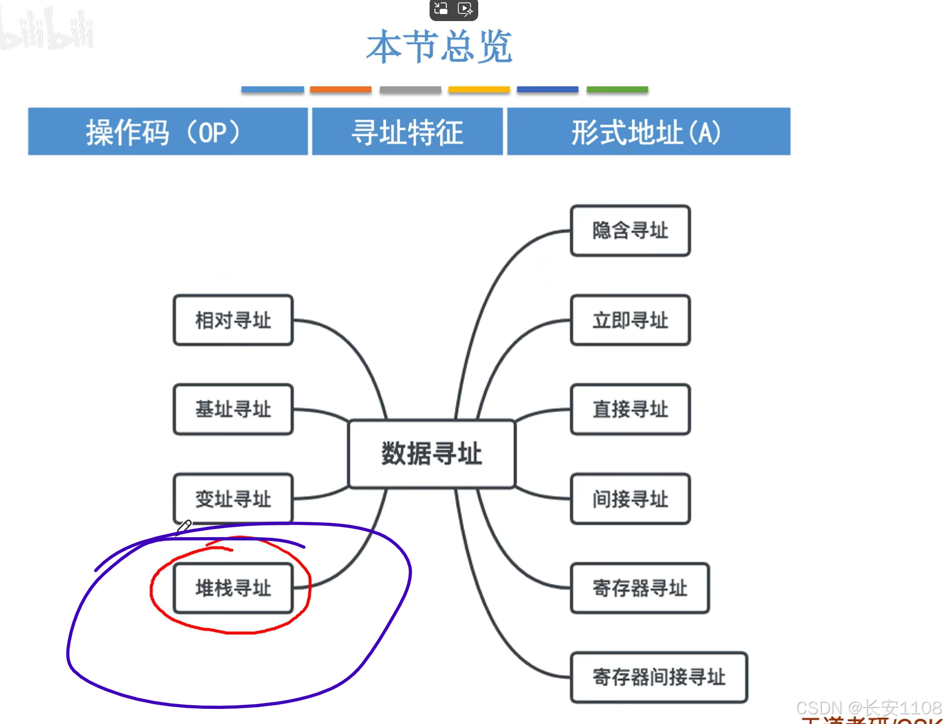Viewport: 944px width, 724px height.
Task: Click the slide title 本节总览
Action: [x=439, y=46]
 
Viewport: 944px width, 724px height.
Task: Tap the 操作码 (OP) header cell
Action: [x=168, y=132]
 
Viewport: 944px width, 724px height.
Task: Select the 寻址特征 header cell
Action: [x=407, y=132]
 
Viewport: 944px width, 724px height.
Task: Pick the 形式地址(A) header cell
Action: [x=648, y=132]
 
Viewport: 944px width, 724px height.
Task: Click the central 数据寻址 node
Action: [x=432, y=454]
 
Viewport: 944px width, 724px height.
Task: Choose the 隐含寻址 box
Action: [x=630, y=231]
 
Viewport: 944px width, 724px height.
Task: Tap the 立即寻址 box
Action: [x=630, y=320]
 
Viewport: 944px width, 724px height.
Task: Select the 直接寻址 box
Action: [x=630, y=409]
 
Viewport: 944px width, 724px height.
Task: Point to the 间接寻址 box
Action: [x=630, y=499]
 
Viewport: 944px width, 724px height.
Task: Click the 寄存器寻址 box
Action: [x=640, y=588]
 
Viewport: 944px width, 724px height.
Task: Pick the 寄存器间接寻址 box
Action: [x=659, y=677]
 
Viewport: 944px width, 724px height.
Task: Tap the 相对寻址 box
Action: [x=233, y=320]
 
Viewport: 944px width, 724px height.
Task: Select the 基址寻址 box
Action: [x=233, y=409]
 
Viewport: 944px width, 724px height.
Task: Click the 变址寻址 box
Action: [x=233, y=499]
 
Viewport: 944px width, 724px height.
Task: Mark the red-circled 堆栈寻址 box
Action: [x=233, y=588]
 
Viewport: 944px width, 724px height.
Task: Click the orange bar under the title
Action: [x=340, y=90]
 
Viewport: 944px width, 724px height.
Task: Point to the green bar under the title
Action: [x=617, y=90]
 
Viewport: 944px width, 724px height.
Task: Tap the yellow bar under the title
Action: [x=479, y=90]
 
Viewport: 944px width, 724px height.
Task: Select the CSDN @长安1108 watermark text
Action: [x=869, y=708]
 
